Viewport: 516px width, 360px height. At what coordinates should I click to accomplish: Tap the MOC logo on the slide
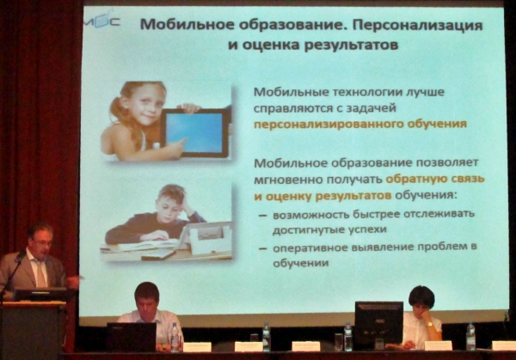pos(102,21)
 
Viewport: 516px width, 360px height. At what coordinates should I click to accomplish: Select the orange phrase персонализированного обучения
pos(360,125)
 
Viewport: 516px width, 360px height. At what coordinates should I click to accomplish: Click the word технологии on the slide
pos(366,93)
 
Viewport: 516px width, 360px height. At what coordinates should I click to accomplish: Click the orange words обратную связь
pos(435,180)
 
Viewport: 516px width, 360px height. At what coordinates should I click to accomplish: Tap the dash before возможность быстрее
pos(262,216)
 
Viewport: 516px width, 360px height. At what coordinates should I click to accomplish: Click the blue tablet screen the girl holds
pos(193,132)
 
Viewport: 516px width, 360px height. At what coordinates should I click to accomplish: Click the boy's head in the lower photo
pos(171,201)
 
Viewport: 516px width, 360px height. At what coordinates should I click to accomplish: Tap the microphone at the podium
pos(21,254)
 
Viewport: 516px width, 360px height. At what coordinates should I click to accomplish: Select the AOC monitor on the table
pos(378,323)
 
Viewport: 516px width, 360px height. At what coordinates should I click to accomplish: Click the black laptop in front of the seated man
pos(132,337)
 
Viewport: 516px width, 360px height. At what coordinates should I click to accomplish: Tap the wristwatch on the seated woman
pos(429,325)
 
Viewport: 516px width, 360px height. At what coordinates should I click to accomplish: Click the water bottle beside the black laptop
pos(175,337)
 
